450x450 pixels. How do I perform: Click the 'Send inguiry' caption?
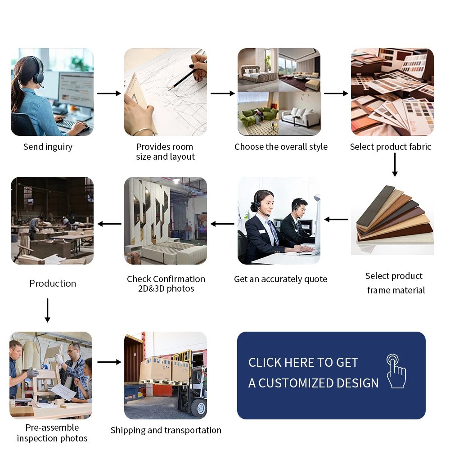point(48,147)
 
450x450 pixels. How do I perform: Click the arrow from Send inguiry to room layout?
point(109,93)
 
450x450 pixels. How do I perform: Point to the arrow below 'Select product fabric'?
point(395,164)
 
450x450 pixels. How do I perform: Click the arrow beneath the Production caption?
point(48,310)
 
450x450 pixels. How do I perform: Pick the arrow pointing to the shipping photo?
point(109,362)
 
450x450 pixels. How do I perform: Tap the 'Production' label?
point(53,283)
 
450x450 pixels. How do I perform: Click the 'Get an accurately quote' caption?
point(281,279)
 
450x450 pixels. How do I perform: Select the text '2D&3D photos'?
point(166,288)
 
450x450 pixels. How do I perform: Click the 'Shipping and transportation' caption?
point(166,430)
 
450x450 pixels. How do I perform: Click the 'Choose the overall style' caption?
point(281,147)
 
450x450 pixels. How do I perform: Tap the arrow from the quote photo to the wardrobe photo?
point(222,224)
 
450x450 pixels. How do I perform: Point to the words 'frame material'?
point(396,290)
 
